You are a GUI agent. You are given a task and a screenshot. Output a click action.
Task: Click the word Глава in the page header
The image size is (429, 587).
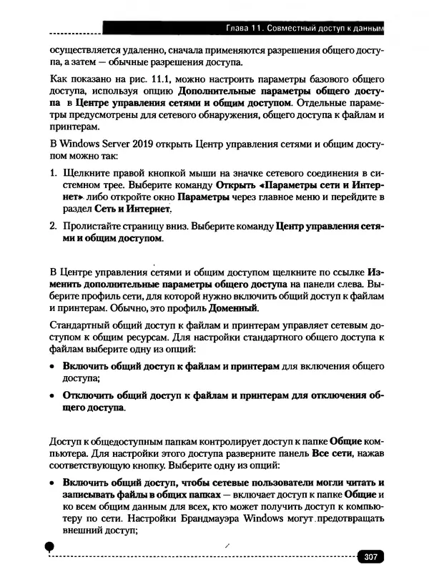pyautogui.click(x=238, y=28)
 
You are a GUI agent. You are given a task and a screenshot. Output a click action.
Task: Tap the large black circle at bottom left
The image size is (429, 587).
pyautogui.click(x=49, y=545)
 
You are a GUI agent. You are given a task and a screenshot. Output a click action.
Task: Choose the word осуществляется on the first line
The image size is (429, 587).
pyautogui.click(x=83, y=50)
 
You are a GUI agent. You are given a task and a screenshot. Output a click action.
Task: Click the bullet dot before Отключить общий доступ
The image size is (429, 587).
pyautogui.click(x=52, y=395)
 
